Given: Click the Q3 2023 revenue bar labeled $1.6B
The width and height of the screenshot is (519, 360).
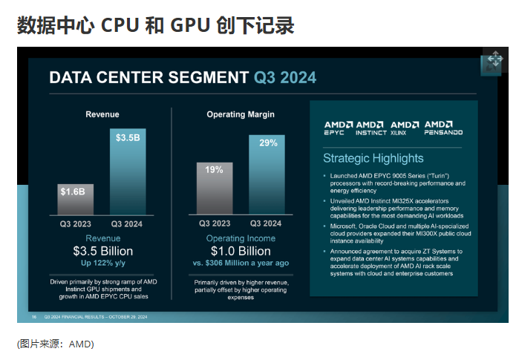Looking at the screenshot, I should tap(75, 198).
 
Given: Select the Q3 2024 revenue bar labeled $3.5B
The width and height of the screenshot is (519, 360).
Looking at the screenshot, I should tap(127, 171).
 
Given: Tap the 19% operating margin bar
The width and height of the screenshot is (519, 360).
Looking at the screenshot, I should tap(214, 188).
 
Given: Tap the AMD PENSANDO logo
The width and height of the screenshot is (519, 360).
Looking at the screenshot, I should tap(443, 128).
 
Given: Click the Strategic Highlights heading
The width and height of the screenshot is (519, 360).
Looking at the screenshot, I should tap(373, 158).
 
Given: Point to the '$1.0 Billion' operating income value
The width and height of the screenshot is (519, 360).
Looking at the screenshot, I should tap(240, 251).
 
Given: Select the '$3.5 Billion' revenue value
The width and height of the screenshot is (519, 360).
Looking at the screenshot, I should tap(102, 251).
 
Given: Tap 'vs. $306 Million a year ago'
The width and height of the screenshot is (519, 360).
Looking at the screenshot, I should tap(240, 263).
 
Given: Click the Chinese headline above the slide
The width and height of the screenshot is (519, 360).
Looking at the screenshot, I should tap(155, 25).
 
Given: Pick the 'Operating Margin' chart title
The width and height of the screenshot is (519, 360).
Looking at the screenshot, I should tap(240, 114).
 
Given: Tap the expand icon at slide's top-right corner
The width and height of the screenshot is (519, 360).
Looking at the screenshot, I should tap(494, 62).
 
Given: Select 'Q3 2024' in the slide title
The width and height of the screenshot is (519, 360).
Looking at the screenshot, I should tap(285, 77).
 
